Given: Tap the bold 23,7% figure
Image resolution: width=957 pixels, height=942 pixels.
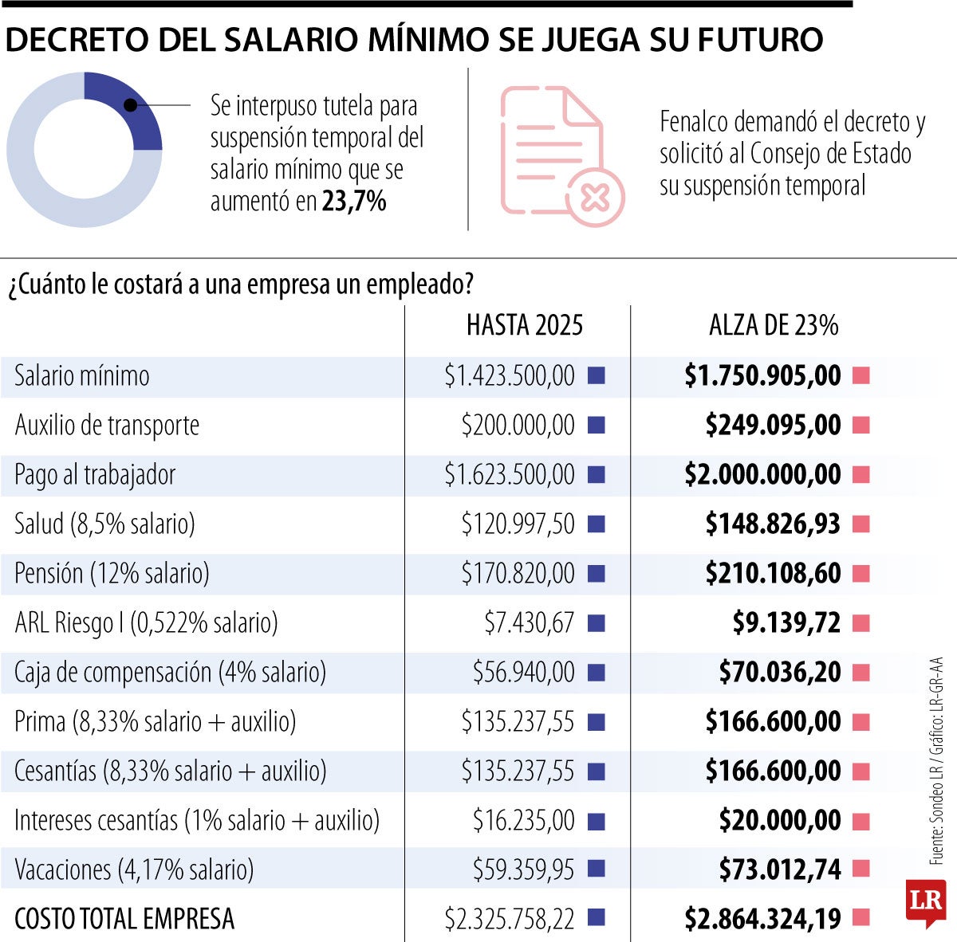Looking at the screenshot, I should click(x=354, y=202).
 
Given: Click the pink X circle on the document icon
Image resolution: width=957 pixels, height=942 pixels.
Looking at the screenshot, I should click(x=595, y=196).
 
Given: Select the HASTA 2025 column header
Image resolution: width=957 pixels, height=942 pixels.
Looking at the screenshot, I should click(x=525, y=325).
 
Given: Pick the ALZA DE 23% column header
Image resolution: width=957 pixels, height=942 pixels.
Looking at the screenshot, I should click(x=774, y=325).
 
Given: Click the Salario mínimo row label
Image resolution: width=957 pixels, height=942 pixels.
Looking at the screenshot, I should click(x=82, y=376).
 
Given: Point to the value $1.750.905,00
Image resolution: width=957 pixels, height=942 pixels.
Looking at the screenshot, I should click(x=762, y=376).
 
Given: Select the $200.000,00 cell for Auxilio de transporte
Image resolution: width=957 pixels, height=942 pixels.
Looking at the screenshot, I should click(x=518, y=426).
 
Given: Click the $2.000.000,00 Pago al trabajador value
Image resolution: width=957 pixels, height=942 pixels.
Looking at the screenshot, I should click(x=762, y=475).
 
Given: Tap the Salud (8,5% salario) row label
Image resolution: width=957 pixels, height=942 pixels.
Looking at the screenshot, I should click(x=104, y=524).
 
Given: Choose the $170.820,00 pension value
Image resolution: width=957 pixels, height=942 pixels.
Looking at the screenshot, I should click(x=518, y=574).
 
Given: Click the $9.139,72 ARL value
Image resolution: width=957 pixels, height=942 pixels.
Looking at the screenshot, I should click(x=786, y=623).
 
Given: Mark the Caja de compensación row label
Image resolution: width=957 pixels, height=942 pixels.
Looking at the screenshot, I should click(x=171, y=673).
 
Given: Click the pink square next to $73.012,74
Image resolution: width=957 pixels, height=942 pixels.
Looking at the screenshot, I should click(x=861, y=869).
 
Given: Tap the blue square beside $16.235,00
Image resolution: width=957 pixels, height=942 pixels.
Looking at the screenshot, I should click(x=596, y=821).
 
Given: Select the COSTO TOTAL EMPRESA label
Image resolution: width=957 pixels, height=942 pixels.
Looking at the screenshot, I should click(x=124, y=919).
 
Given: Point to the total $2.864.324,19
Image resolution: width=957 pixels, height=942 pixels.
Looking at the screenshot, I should click(x=762, y=919).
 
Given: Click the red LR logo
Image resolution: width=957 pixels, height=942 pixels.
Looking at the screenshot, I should click(x=925, y=902).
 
